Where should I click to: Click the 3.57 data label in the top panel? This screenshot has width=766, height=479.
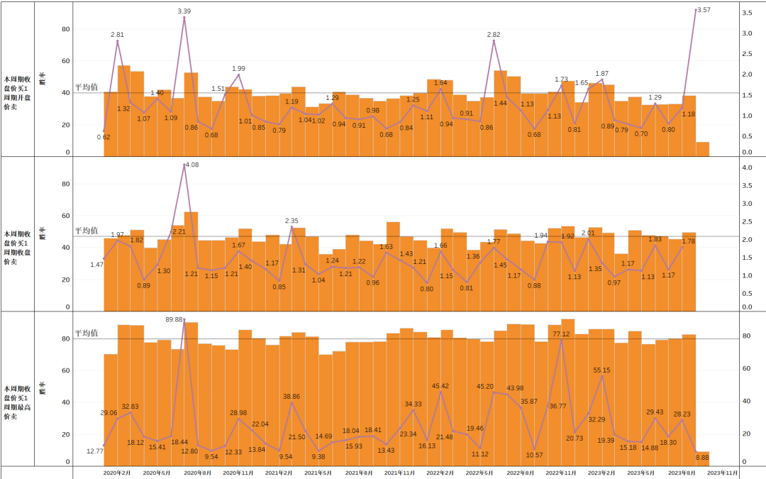(704, 10)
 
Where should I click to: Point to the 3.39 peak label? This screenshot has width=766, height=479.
(184, 11)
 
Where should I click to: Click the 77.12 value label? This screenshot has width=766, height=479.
(561, 334)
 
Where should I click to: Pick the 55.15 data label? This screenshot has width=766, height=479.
(601, 370)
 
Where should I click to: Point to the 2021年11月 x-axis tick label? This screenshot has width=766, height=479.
(399, 472)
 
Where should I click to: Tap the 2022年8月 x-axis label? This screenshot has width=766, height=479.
(520, 472)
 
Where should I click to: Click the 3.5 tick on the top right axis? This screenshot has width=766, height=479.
(748, 13)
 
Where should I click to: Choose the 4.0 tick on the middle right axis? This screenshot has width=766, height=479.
(748, 168)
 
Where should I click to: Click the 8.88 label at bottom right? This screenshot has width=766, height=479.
(702, 458)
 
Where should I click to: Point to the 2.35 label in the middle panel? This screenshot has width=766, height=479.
(292, 221)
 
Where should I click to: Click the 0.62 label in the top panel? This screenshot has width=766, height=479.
(104, 137)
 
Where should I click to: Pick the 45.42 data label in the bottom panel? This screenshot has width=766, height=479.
(440, 386)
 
